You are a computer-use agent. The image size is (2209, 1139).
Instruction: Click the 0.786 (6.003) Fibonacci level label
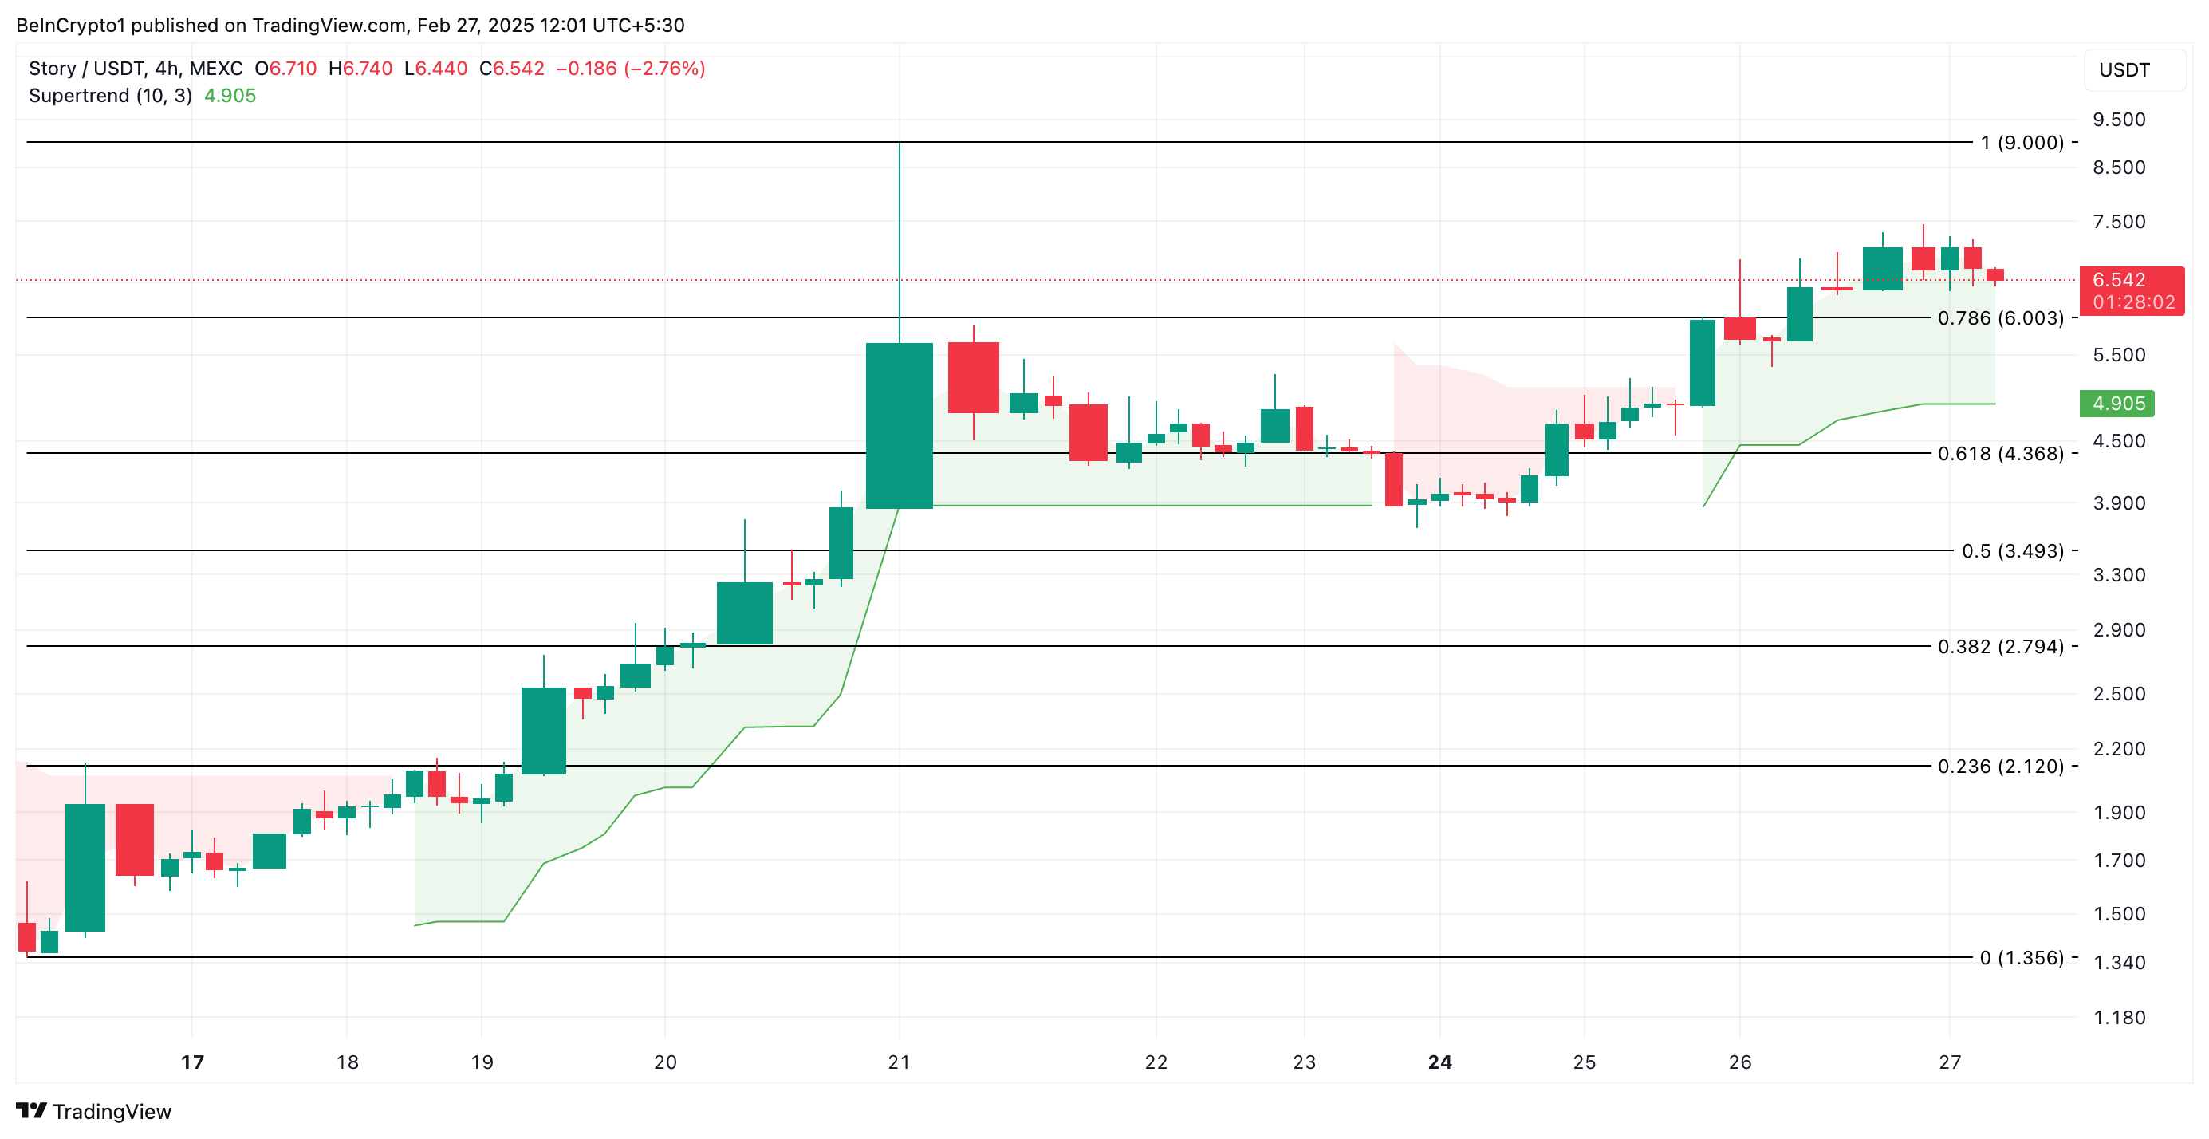tap(2000, 318)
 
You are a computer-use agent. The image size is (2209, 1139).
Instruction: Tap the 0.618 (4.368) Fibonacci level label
tap(2000, 454)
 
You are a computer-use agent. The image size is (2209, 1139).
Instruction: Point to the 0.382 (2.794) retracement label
tap(2000, 647)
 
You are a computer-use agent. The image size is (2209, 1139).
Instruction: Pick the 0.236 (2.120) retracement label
tap(2000, 766)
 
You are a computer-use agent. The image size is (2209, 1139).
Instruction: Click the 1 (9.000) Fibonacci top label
tap(2022, 142)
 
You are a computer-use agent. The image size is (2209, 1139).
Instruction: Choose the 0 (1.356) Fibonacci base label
tap(2022, 958)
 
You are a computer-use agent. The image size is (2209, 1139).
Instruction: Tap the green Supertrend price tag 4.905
tap(2117, 404)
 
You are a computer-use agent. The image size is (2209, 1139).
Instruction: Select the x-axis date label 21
tap(899, 1062)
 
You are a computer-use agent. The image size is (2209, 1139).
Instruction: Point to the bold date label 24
tap(1439, 1062)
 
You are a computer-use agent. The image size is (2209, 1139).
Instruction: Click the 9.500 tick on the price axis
tap(2118, 119)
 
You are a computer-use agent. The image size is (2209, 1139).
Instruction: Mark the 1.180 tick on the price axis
tap(2118, 1018)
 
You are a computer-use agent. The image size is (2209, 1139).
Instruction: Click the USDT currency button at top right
tap(2124, 70)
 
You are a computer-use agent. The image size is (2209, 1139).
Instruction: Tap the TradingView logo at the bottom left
tap(94, 1112)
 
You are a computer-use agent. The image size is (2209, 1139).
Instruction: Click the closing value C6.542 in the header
tap(512, 69)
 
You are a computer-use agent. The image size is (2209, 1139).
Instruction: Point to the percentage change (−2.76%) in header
tap(664, 69)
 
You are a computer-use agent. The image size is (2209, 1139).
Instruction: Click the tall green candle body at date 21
tap(899, 425)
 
